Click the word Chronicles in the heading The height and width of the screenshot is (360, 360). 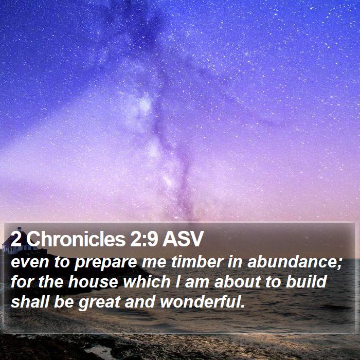tap(76, 239)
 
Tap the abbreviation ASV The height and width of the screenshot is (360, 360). tap(183, 239)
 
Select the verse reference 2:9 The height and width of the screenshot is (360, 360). tap(144, 239)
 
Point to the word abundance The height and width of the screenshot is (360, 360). tap(293, 262)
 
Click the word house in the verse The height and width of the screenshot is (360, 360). tap(93, 281)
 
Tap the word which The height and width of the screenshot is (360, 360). tap(147, 281)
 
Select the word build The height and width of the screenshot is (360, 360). tap(307, 281)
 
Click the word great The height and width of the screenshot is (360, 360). tap(99, 303)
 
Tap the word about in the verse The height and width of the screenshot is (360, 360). tap(237, 281)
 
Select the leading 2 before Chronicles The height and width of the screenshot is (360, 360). tap(16, 239)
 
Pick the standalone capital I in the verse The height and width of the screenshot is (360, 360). tap(177, 281)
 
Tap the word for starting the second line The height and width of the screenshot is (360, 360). tap(22, 281)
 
